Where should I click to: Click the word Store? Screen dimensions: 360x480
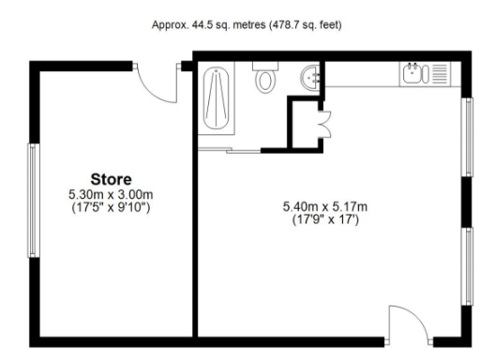[111, 178]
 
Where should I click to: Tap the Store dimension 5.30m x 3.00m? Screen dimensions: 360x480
[111, 192]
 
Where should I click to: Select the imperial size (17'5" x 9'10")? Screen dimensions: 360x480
[111, 205]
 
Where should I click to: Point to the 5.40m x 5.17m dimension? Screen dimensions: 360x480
[322, 204]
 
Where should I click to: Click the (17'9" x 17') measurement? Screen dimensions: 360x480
[322, 217]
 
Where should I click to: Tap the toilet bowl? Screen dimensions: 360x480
[265, 82]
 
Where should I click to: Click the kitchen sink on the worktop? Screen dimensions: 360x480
[412, 71]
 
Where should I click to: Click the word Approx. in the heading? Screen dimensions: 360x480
[170, 24]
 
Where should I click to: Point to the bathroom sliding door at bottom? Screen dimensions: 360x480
[231, 149]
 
